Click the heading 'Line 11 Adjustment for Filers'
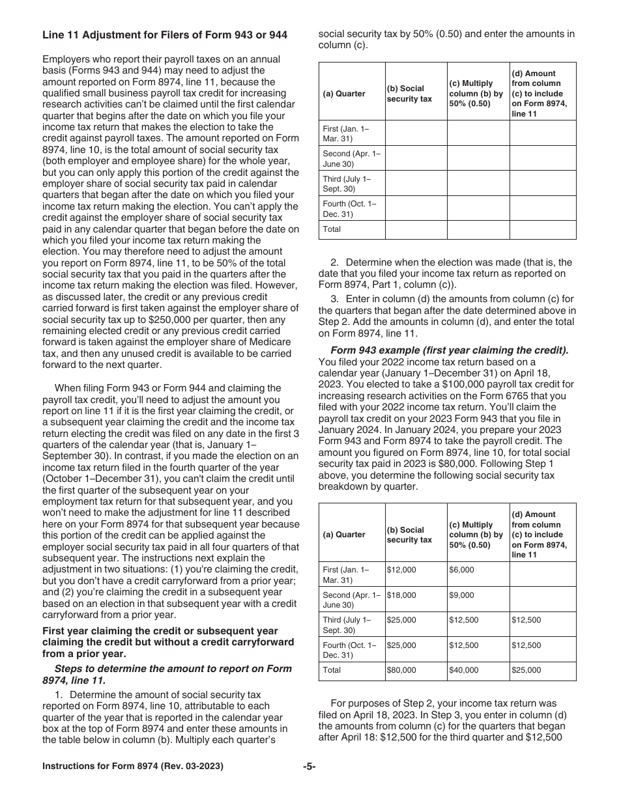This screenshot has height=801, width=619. (x=164, y=35)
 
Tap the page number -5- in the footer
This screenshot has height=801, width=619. (x=309, y=766)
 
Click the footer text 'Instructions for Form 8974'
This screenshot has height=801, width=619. (x=133, y=766)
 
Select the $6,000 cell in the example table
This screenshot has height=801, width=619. (x=461, y=570)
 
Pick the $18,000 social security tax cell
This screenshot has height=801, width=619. (x=401, y=595)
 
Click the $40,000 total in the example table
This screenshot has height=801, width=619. (x=463, y=670)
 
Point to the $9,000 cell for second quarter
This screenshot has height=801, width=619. (x=461, y=595)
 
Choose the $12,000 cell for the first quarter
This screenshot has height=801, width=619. (x=401, y=570)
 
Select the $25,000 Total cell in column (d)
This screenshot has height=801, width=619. (x=526, y=670)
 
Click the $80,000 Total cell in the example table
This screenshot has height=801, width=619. (x=401, y=670)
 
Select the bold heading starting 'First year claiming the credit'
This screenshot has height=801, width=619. (x=168, y=642)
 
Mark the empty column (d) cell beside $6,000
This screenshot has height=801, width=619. (x=542, y=574)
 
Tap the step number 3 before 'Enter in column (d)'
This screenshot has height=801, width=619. (x=334, y=299)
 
